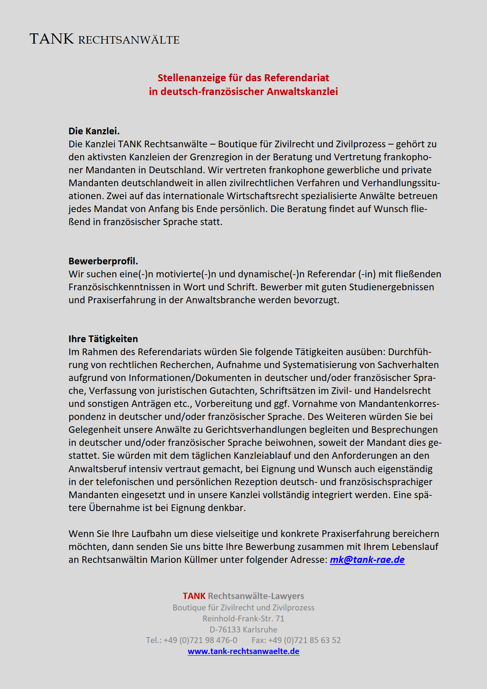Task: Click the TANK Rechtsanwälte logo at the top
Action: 104,39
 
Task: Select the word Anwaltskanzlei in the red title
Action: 302,92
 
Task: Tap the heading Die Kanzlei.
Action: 94,131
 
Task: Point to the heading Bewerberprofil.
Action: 103,261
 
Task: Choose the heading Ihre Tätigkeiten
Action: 103,339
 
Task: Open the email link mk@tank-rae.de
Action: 367,560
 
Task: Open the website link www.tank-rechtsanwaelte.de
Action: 243,651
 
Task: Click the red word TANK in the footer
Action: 194,596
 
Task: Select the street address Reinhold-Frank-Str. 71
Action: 243,618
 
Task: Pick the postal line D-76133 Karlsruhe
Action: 243,629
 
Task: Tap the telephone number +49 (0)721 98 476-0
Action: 200,640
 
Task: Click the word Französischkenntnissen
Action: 118,287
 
